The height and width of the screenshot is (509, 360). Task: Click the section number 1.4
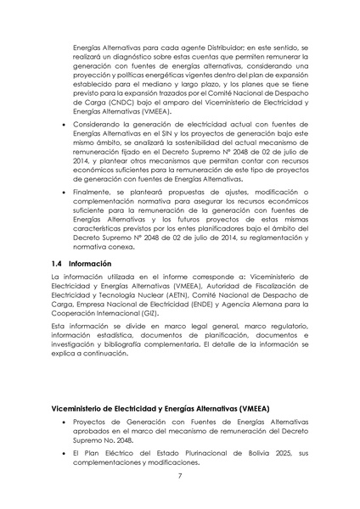(x=58, y=264)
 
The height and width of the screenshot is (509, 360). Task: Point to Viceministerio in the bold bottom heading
(x=80, y=408)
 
